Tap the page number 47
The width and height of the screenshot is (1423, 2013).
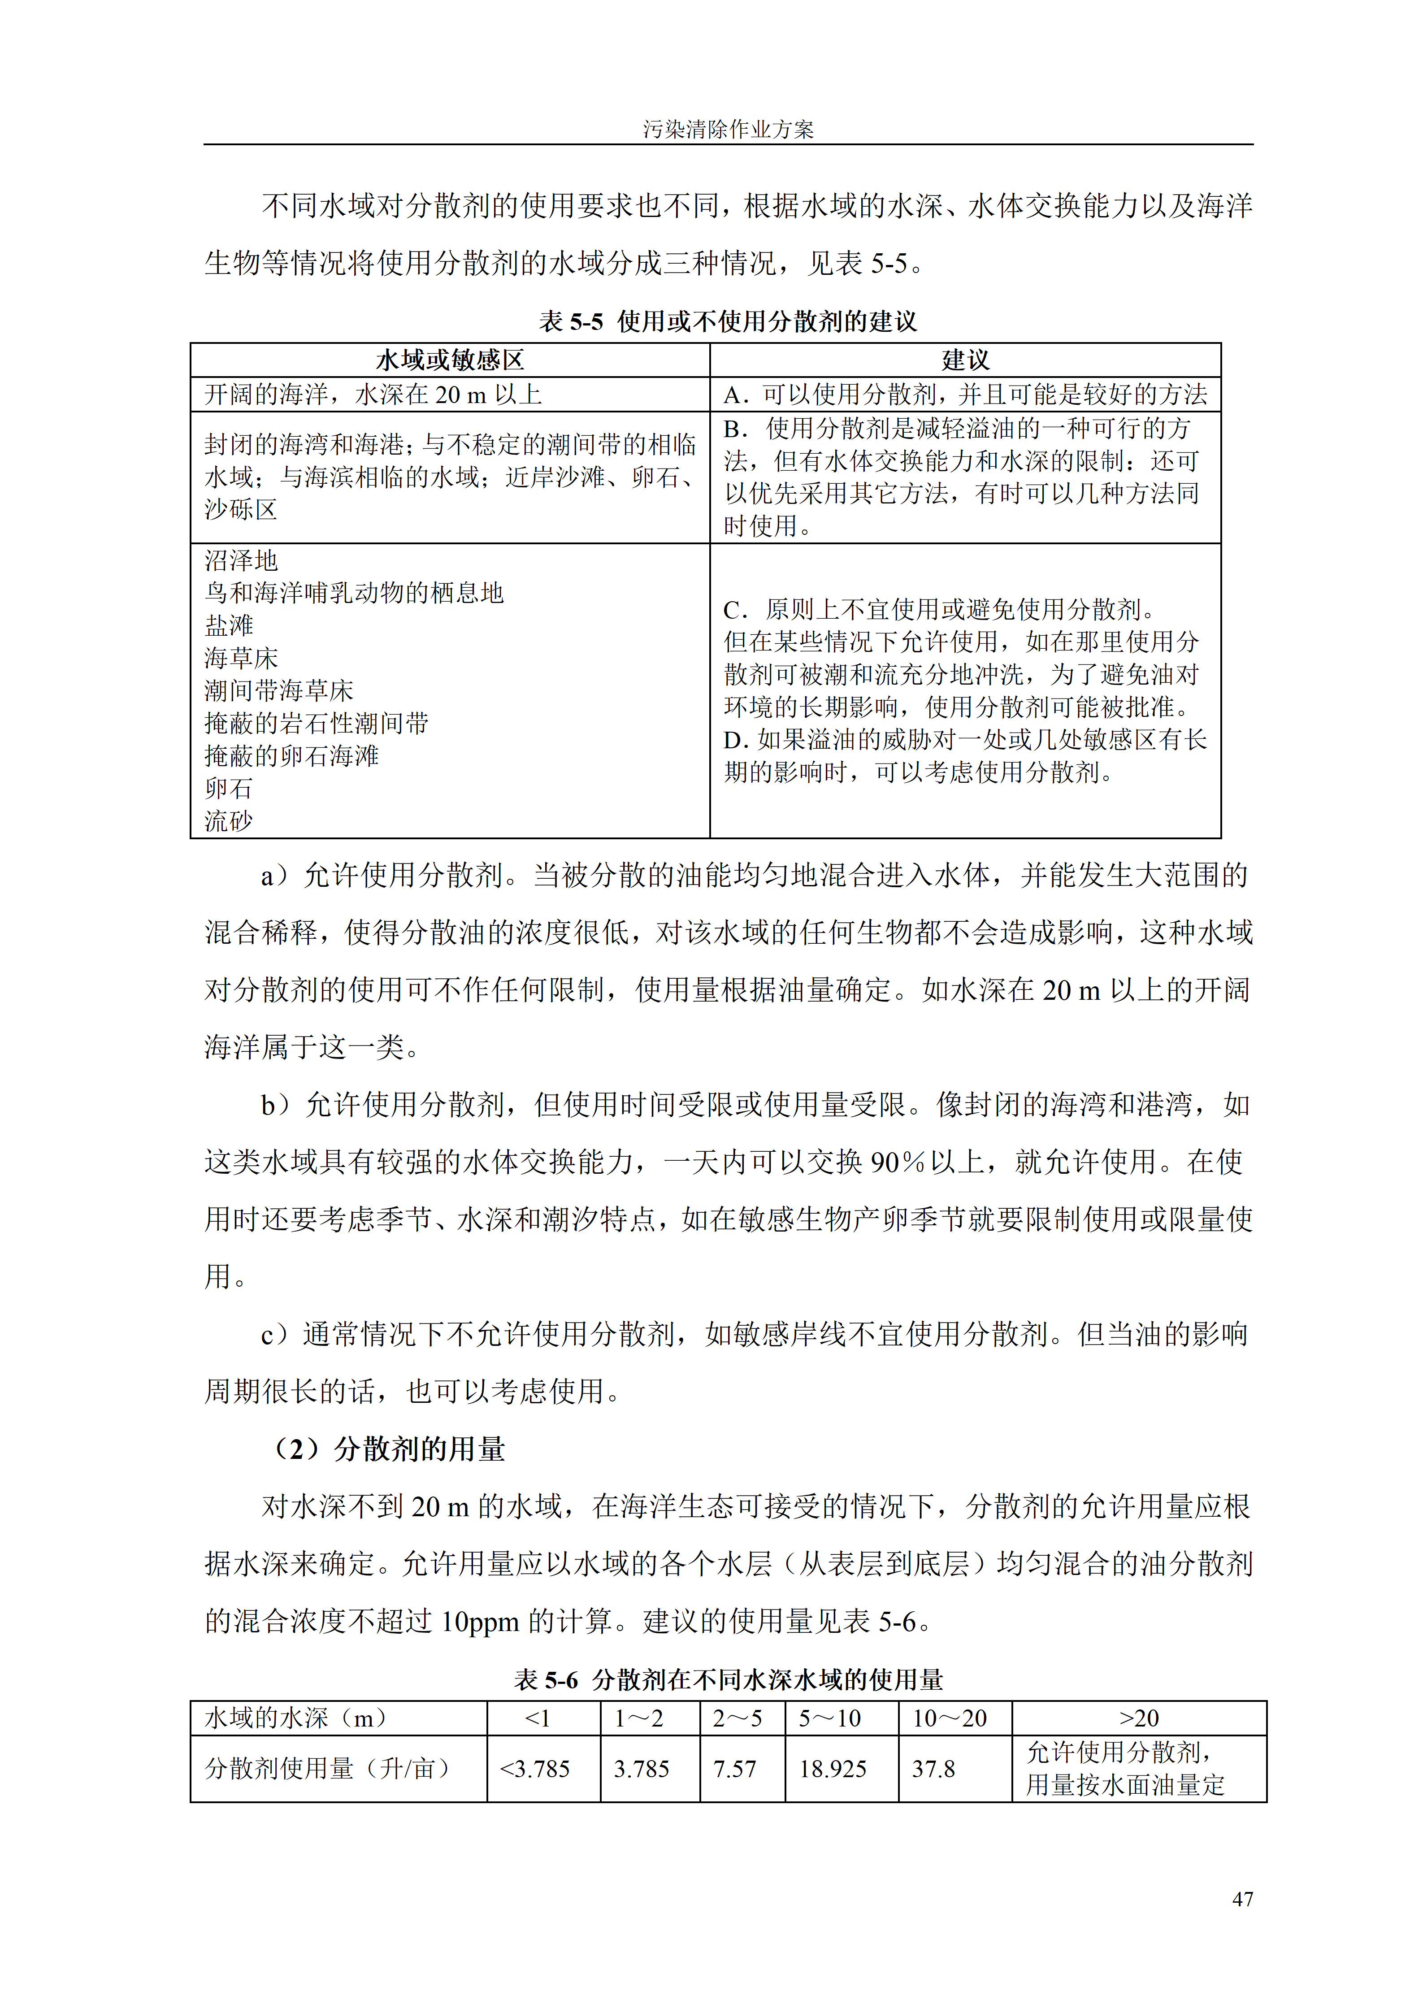(1241, 1898)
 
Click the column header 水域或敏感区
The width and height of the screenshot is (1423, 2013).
(450, 360)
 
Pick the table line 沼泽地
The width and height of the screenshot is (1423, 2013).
(241, 560)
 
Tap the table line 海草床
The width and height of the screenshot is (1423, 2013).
(241, 658)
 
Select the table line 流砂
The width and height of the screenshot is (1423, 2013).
(229, 820)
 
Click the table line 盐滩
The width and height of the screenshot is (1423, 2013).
(229, 625)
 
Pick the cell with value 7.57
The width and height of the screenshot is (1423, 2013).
(735, 1768)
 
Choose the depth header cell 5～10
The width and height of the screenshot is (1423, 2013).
(829, 1718)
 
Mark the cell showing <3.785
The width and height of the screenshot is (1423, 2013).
(535, 1768)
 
